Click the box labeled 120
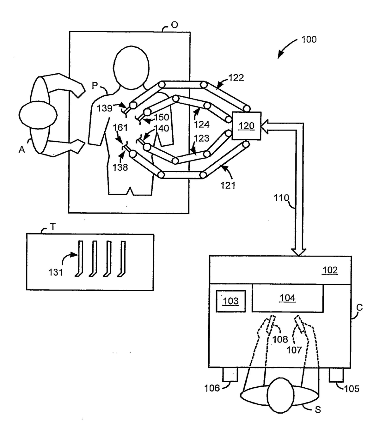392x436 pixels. pyautogui.click(x=246, y=126)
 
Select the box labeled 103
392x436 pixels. pyautogui.click(x=230, y=301)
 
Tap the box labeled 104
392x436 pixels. pyautogui.click(x=287, y=298)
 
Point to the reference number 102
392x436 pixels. pyautogui.click(x=330, y=270)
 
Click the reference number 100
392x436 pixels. pyautogui.click(x=309, y=39)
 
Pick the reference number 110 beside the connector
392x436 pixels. pyautogui.click(x=281, y=198)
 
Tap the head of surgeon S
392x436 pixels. pyautogui.click(x=280, y=395)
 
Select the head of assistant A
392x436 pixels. pyautogui.click(x=38, y=115)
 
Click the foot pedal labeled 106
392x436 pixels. pyautogui.click(x=230, y=375)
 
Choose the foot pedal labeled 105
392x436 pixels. pyautogui.click(x=336, y=375)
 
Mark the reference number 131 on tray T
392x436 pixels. pyautogui.click(x=55, y=272)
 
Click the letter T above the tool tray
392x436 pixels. pyautogui.click(x=53, y=227)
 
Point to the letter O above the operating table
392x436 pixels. pyautogui.click(x=174, y=25)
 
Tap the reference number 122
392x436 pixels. pyautogui.click(x=236, y=78)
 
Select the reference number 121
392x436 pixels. pyautogui.click(x=228, y=185)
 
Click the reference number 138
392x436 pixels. pyautogui.click(x=120, y=167)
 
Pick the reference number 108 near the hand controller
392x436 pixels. pyautogui.click(x=280, y=339)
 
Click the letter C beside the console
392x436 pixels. pyautogui.click(x=359, y=307)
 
